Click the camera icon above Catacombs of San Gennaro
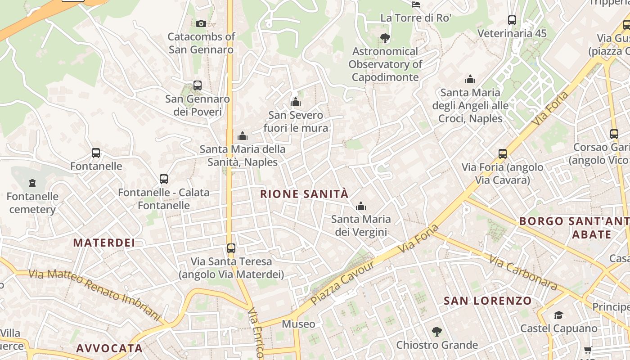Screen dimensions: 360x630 pyautogui.click(x=201, y=23)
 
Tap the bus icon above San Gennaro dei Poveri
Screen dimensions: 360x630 pyautogui.click(x=197, y=85)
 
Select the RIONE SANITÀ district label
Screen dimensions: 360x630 pyautogui.click(x=304, y=194)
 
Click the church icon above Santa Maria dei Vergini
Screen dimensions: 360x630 pyautogui.click(x=360, y=207)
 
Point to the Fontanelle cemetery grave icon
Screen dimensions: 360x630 pyautogui.click(x=32, y=183)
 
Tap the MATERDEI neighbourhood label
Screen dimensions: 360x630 pyautogui.click(x=104, y=243)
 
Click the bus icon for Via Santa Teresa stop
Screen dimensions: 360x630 pyautogui.click(x=231, y=248)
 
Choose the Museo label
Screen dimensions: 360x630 pyautogui.click(x=298, y=324)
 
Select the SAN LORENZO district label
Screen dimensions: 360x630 pyautogui.click(x=488, y=301)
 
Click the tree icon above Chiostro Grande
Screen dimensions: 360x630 pyautogui.click(x=436, y=332)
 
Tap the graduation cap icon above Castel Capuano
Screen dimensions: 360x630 pyautogui.click(x=558, y=315)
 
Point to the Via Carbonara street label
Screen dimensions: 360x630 pyautogui.click(x=523, y=273)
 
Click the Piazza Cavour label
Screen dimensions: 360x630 pyautogui.click(x=342, y=283)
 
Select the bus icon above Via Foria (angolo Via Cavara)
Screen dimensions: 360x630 pyautogui.click(x=503, y=154)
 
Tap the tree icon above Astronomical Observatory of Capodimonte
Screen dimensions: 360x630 pyautogui.click(x=385, y=38)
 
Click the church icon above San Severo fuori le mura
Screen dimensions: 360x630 pyautogui.click(x=296, y=102)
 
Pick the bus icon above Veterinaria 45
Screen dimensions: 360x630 pyautogui.click(x=512, y=20)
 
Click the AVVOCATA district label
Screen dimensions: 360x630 pyautogui.click(x=109, y=348)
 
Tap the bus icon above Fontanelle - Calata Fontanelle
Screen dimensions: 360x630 pyautogui.click(x=164, y=179)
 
